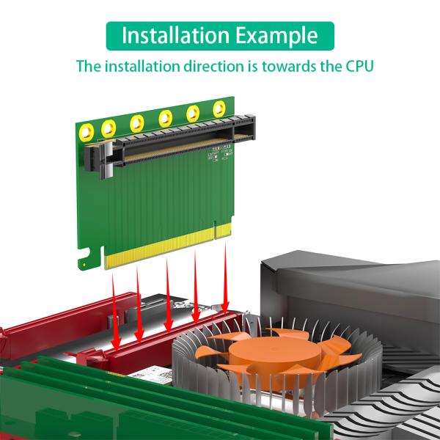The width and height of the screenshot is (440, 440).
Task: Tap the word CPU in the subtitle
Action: (357, 67)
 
